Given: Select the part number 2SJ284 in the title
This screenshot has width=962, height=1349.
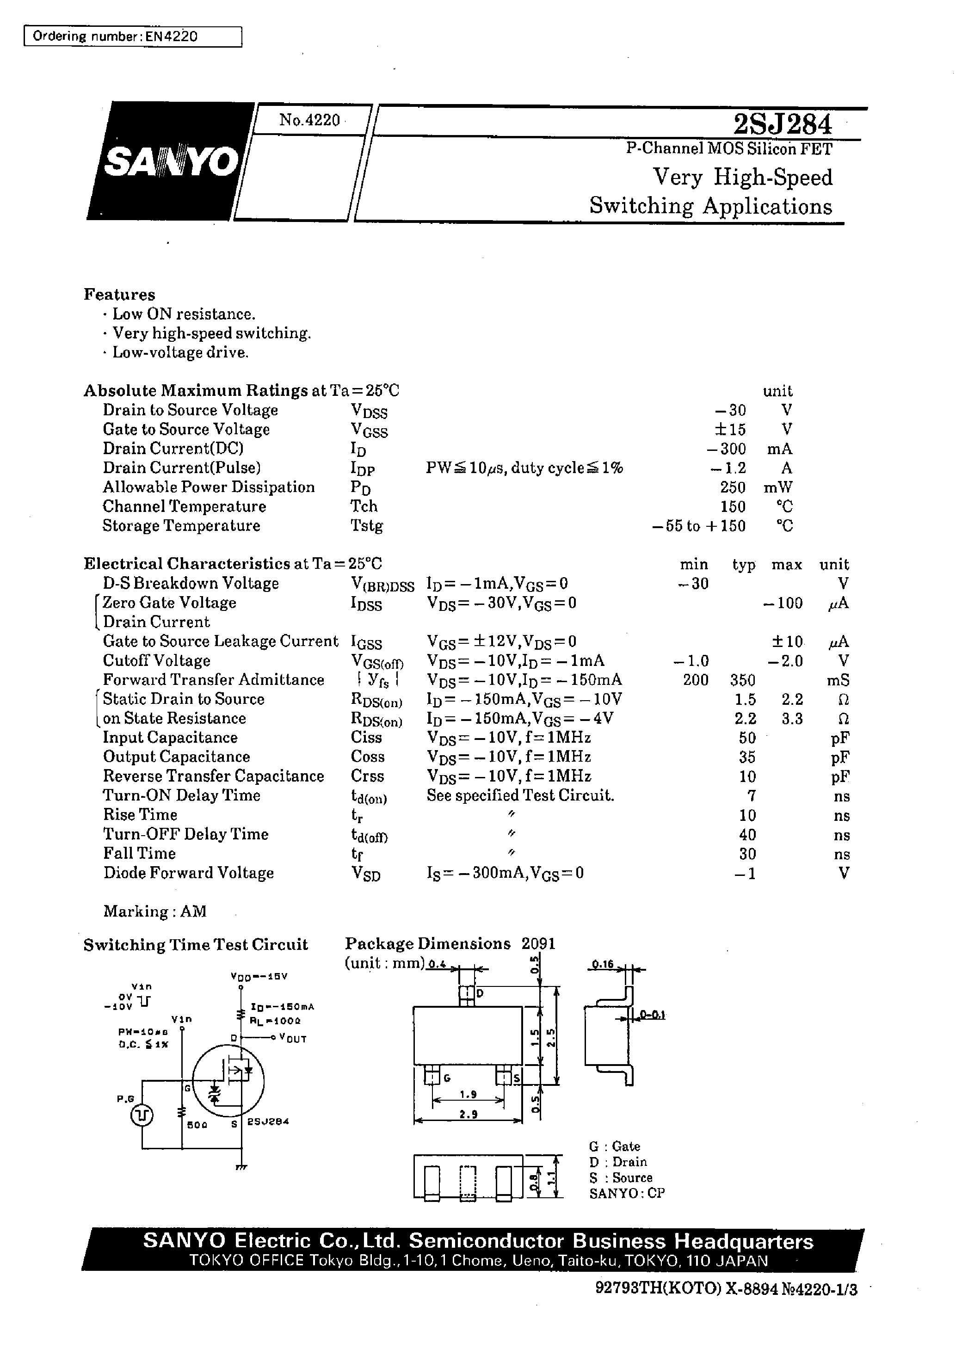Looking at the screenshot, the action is pyautogui.click(x=782, y=124).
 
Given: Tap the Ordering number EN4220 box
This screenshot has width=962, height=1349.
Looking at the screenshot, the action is pyautogui.click(x=133, y=36).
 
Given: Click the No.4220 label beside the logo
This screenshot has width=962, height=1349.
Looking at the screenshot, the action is pyautogui.click(x=309, y=120).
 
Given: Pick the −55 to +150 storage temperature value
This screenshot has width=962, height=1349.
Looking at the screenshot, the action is pyautogui.click(x=698, y=526).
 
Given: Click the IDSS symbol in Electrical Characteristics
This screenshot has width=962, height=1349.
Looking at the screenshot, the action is pyautogui.click(x=366, y=604).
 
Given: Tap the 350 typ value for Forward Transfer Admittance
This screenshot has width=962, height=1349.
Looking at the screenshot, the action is pyautogui.click(x=743, y=680).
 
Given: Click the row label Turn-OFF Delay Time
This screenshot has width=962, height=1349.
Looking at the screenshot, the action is pyautogui.click(x=185, y=834).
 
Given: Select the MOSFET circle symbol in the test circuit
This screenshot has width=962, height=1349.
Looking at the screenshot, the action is pyautogui.click(x=230, y=1081).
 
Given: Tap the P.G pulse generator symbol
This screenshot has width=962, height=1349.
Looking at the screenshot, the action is pyautogui.click(x=142, y=1115).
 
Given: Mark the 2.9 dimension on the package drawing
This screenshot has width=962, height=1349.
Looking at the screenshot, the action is pyautogui.click(x=468, y=1115).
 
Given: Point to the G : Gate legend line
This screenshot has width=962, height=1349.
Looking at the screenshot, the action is pyautogui.click(x=614, y=1146).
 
